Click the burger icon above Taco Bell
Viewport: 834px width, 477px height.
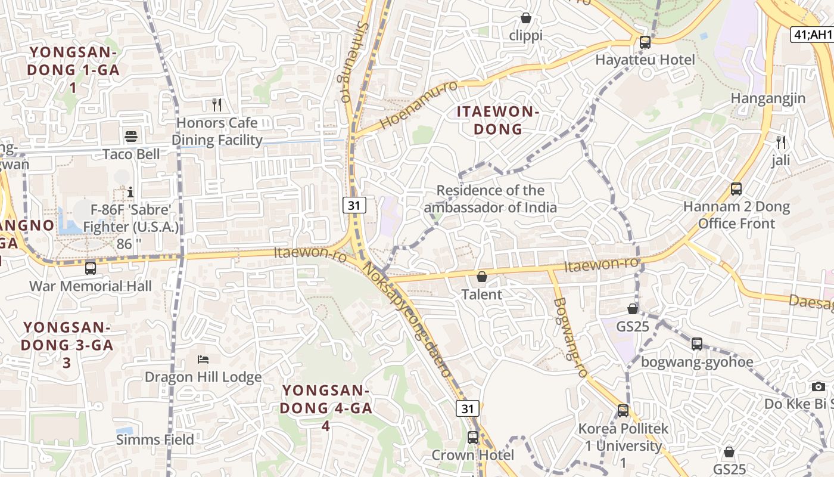pos(131,137)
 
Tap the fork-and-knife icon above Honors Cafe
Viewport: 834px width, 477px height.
pos(217,106)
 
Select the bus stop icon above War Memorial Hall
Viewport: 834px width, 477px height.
pos(91,268)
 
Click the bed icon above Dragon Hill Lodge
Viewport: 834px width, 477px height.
pos(203,360)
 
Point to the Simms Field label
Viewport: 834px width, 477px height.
pos(155,440)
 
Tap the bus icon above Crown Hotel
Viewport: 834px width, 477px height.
pos(473,438)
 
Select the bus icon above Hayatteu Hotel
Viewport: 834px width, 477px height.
pos(645,42)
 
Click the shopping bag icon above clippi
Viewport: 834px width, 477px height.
pos(526,18)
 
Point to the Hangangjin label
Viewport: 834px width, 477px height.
pos(768,98)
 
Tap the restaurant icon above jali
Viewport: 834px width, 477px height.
pos(781,143)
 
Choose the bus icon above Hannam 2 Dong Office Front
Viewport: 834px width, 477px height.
pos(736,190)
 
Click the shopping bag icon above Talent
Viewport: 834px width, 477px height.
pos(482,277)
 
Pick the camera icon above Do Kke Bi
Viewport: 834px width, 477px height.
pos(819,386)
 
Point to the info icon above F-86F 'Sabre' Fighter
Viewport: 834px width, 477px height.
pos(130,192)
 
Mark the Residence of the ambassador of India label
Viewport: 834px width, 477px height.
pos(490,199)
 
